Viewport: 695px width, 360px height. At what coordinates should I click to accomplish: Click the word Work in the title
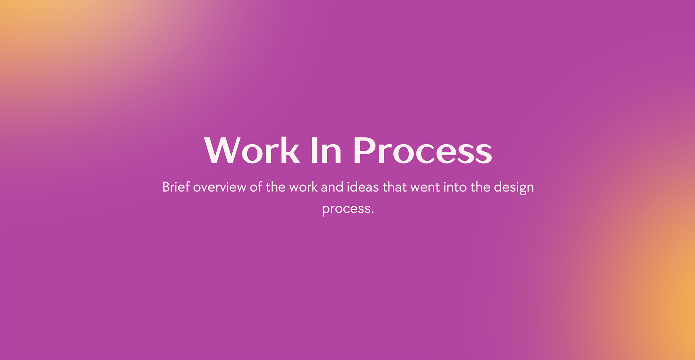coord(252,150)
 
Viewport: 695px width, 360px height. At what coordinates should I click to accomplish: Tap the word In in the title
coord(326,150)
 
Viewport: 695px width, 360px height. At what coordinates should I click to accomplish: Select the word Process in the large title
coord(423,150)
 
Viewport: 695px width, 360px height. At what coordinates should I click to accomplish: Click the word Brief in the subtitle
coord(176,187)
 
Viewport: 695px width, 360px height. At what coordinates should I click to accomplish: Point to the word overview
coord(220,187)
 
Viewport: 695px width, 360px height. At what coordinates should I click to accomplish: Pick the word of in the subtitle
coord(256,187)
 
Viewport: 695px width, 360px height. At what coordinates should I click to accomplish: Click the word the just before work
coord(275,187)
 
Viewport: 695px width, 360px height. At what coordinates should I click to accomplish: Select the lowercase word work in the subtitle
coord(303,187)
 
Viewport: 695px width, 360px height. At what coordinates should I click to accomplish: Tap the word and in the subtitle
coord(332,187)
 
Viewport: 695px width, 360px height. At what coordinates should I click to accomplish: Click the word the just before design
coord(480,187)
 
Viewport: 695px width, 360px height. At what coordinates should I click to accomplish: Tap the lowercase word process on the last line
coord(346,209)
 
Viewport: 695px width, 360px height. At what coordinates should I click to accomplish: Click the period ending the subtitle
coord(372,212)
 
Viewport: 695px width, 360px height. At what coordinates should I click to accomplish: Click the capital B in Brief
coord(166,187)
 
